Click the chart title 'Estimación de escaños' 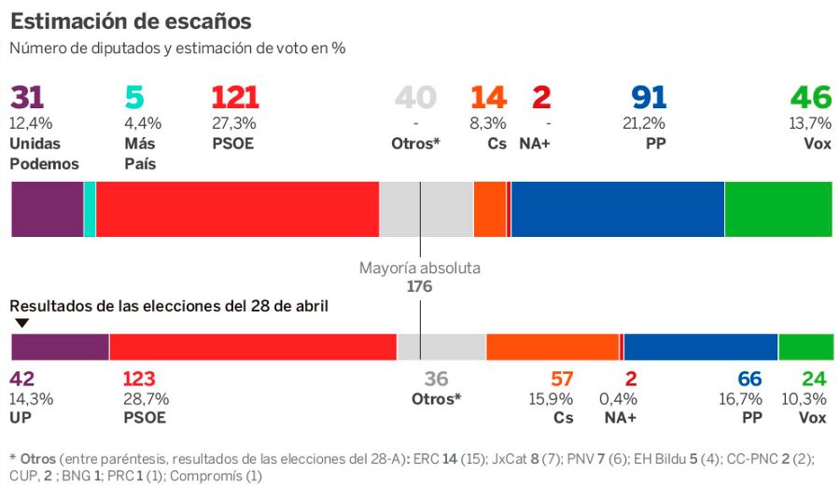click(x=131, y=21)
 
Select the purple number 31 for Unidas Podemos click(x=27, y=98)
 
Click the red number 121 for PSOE click(x=235, y=98)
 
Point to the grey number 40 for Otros click(x=415, y=98)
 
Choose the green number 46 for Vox click(x=810, y=98)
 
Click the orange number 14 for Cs click(x=488, y=98)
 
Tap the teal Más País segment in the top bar click(x=90, y=209)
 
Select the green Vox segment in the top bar click(x=777, y=209)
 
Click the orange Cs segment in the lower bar click(x=553, y=346)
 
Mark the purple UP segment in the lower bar click(x=60, y=346)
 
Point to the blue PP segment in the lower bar click(x=700, y=346)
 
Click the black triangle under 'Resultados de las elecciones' click(x=21, y=323)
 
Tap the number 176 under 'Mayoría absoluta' click(x=419, y=286)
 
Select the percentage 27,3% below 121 click(x=232, y=123)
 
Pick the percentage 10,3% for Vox click(x=807, y=399)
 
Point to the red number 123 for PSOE click(x=140, y=379)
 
